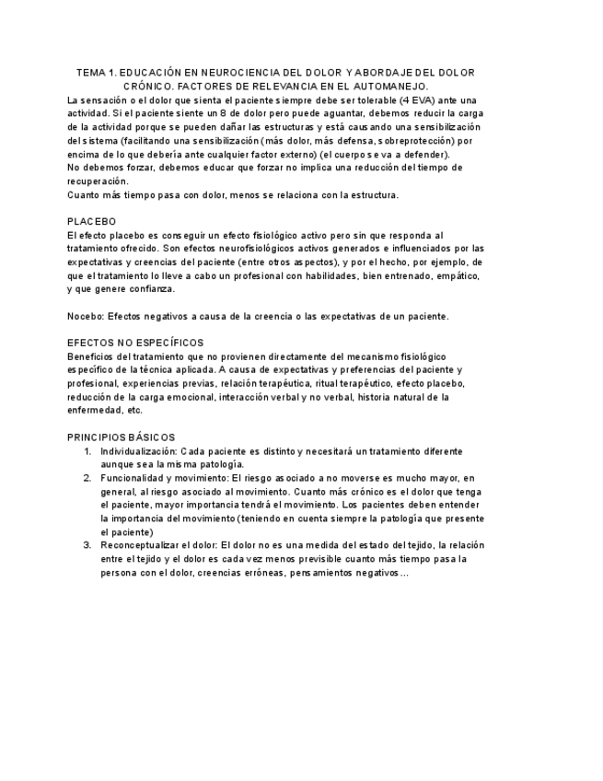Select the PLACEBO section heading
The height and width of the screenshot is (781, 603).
pos(91,222)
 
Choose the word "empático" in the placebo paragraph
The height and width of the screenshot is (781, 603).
pos(458,275)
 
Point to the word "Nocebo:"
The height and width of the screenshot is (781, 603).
pos(85,316)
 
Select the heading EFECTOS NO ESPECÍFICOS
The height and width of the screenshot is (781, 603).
pos(135,343)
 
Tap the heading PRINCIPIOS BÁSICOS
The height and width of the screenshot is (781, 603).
pos(122,437)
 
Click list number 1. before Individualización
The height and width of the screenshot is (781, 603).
pos(87,451)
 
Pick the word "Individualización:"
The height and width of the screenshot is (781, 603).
pos(138,451)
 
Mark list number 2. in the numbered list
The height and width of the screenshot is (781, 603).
pos(87,478)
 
